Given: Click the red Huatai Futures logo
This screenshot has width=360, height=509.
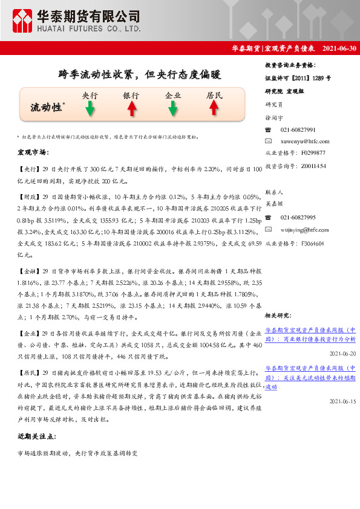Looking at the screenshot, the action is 22,21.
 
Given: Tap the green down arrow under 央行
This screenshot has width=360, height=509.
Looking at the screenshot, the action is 90,109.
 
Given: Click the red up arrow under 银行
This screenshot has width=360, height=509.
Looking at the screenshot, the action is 131,109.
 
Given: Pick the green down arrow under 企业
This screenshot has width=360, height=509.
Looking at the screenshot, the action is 173,109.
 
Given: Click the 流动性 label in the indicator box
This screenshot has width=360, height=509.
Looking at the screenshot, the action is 46,107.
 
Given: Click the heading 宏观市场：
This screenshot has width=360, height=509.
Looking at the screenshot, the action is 33,152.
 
